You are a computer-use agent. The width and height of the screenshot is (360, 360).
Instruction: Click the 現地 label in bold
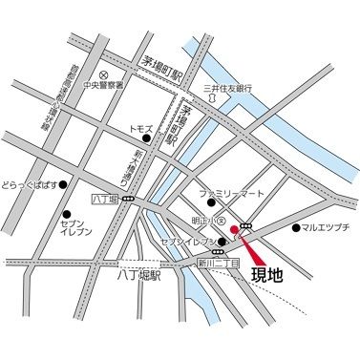(x=267, y=276)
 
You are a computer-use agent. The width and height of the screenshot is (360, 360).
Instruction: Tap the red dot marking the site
(x=234, y=229)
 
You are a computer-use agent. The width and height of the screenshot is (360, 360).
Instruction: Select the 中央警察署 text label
(x=129, y=85)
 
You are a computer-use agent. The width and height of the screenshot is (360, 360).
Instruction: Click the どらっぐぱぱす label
(x=29, y=183)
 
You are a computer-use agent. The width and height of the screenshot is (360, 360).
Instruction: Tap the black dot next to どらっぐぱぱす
(x=63, y=183)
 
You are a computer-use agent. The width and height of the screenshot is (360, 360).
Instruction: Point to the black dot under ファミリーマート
(x=212, y=202)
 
